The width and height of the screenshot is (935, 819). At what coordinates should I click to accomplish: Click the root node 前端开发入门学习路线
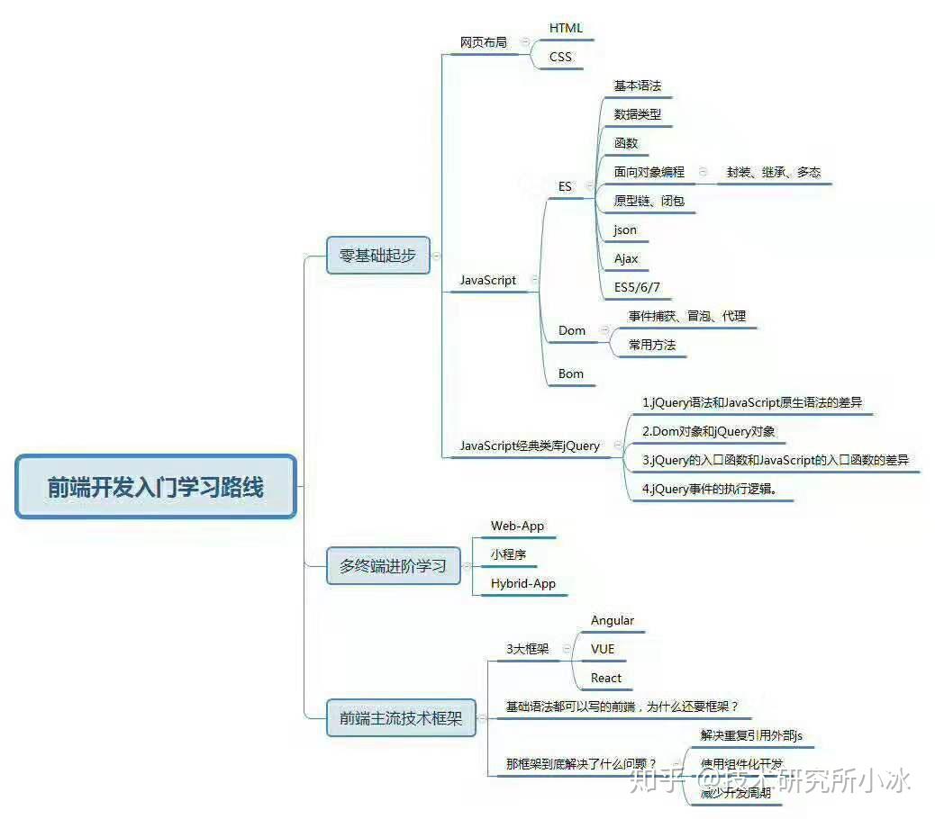click(156, 487)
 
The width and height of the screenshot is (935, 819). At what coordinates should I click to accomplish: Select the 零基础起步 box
click(377, 256)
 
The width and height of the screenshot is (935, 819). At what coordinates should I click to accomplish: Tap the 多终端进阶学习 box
click(393, 566)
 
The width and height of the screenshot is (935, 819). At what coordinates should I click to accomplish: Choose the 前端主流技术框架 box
click(401, 718)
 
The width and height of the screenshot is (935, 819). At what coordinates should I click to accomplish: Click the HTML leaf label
click(566, 28)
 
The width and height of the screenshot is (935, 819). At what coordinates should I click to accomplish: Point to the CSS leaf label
click(560, 57)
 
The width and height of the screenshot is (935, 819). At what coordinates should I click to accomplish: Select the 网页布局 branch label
click(484, 42)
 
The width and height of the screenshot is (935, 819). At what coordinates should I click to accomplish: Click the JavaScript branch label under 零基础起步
click(487, 280)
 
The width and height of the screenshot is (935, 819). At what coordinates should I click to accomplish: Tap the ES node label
click(565, 186)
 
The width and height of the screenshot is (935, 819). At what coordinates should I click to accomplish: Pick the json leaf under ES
click(625, 229)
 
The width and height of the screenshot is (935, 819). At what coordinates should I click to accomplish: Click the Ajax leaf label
click(626, 258)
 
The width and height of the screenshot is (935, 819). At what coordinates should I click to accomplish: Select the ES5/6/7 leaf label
click(637, 287)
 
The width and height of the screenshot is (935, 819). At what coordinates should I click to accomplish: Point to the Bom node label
click(571, 373)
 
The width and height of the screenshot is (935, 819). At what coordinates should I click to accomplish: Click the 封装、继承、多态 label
click(774, 172)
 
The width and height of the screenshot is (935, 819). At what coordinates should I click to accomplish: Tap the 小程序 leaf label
click(508, 554)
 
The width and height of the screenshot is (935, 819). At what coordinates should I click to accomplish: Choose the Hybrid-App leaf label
click(522, 583)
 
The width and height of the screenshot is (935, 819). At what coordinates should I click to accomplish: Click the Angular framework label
click(613, 620)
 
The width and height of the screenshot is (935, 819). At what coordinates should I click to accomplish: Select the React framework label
click(606, 678)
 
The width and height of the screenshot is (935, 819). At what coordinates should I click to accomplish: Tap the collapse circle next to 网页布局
click(525, 42)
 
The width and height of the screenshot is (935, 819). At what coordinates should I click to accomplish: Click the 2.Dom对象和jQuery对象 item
click(708, 431)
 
